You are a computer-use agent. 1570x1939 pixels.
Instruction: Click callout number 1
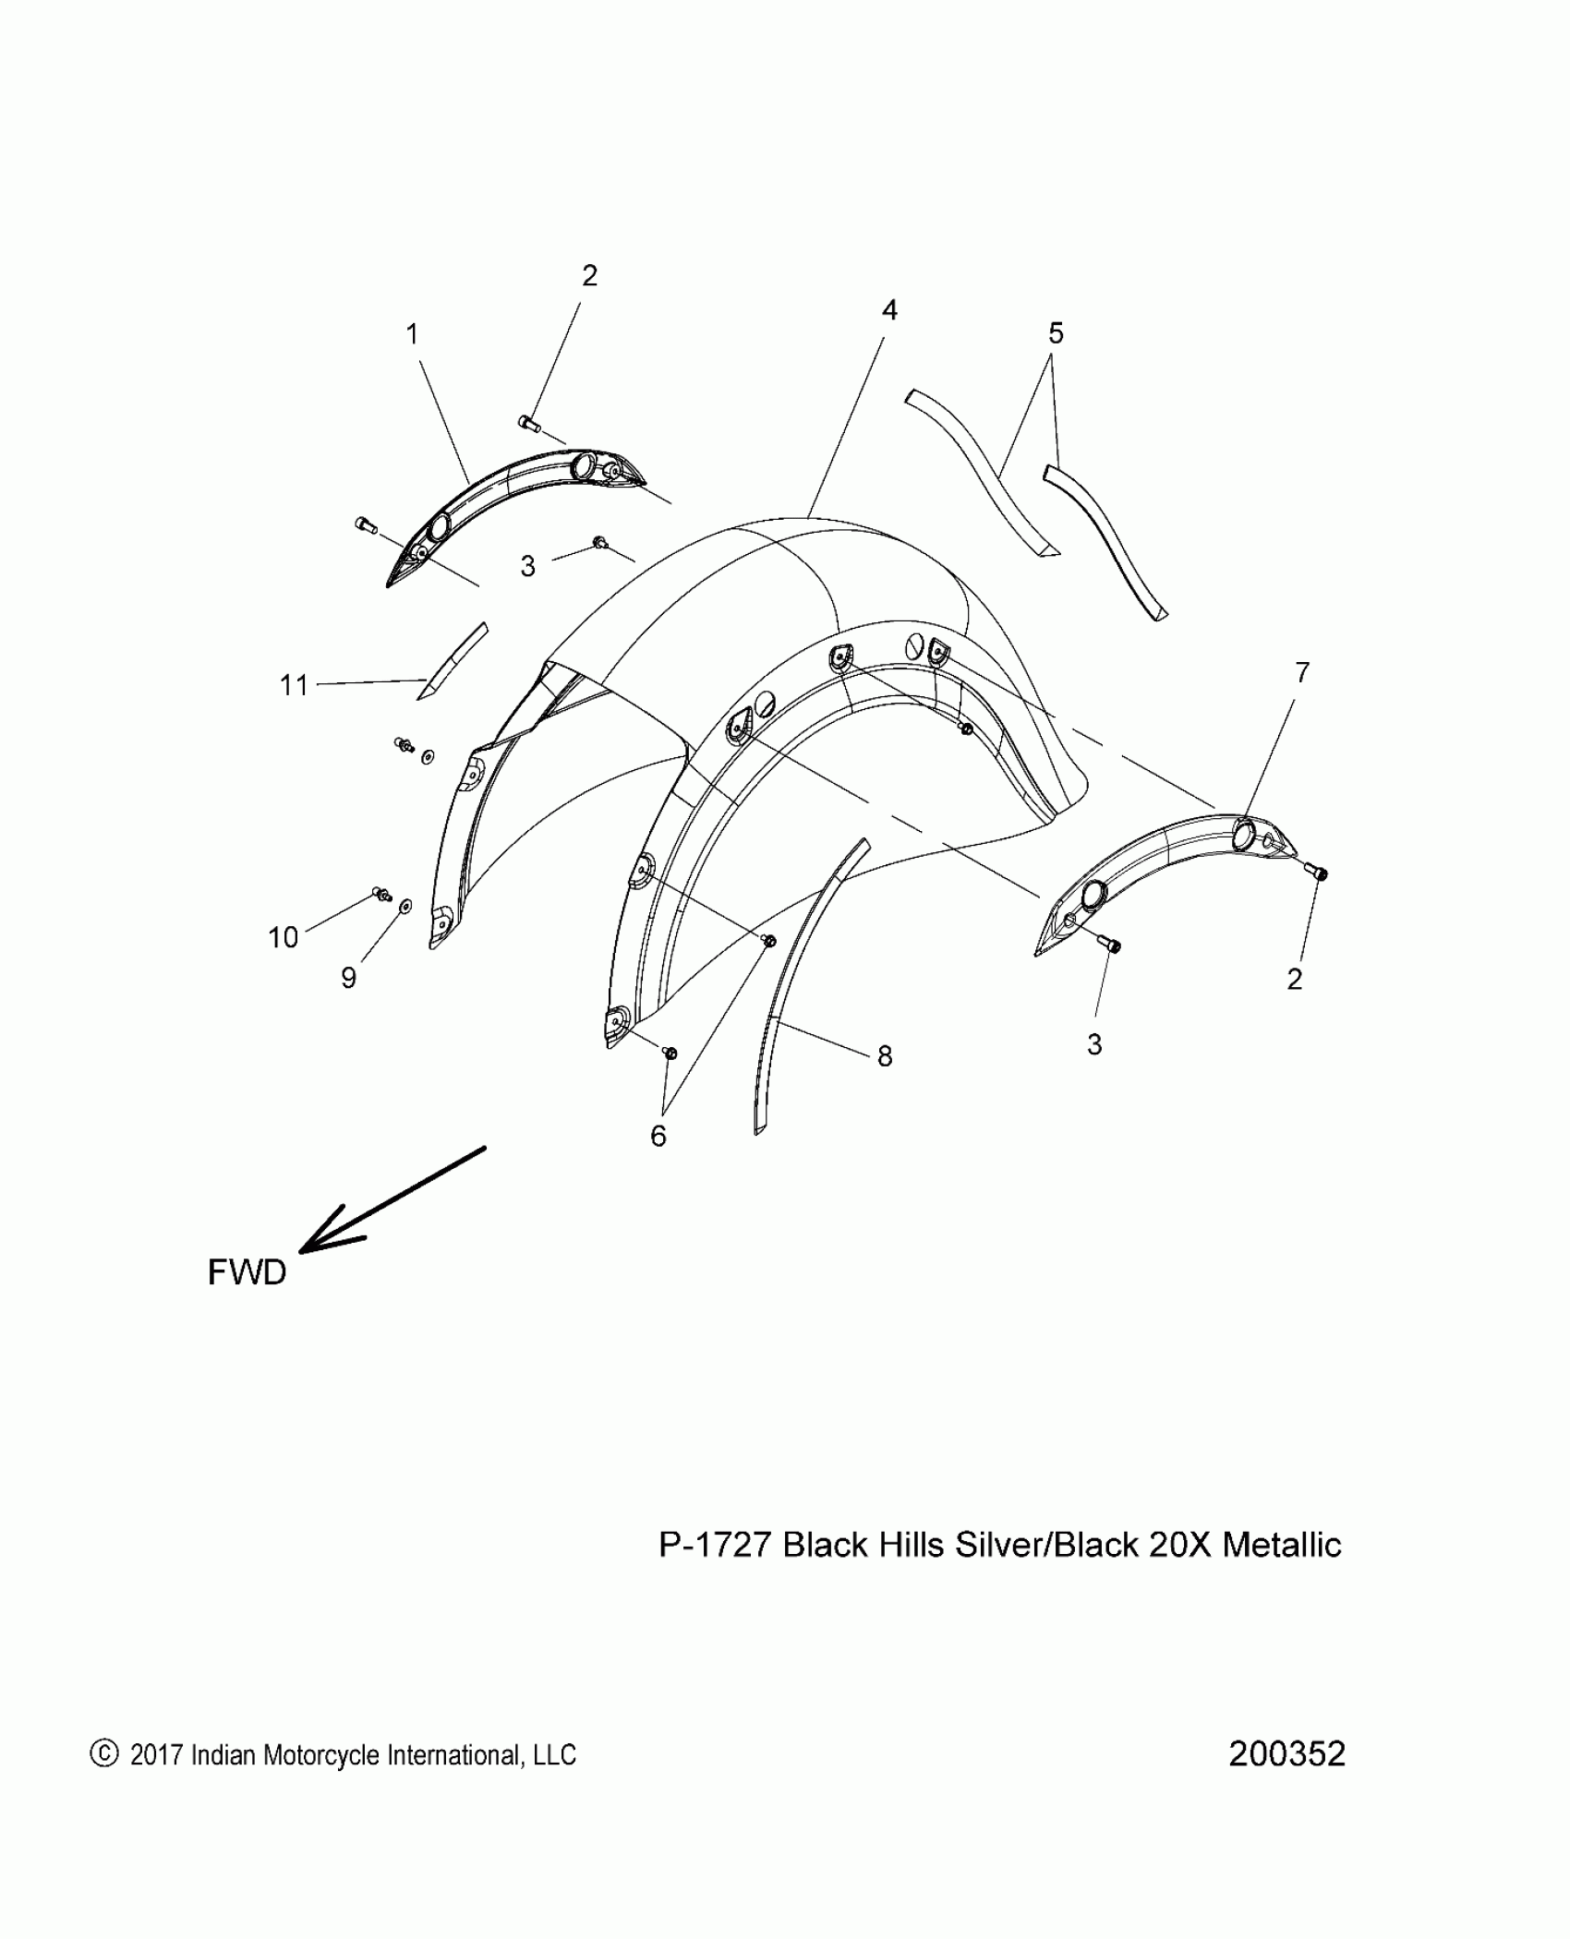413,334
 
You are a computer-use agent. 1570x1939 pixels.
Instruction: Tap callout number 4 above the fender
888,310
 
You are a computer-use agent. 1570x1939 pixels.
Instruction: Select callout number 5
1056,333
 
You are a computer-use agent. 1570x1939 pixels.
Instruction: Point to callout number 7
1301,673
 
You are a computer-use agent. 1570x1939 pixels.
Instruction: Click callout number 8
885,1056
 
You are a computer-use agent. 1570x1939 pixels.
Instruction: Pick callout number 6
658,1137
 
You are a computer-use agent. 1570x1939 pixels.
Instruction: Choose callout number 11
294,685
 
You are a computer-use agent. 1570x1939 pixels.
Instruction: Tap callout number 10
283,937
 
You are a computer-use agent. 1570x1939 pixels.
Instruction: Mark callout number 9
348,978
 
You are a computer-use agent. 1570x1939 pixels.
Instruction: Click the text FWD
247,1272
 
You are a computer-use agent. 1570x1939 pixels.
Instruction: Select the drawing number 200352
1286,1753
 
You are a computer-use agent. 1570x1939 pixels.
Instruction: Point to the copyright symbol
104,1753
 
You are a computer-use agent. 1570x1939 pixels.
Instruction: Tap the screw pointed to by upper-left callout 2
529,424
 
